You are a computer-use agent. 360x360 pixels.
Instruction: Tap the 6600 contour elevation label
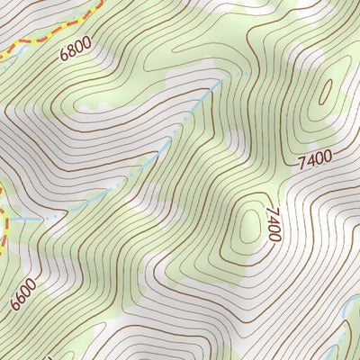click(24, 293)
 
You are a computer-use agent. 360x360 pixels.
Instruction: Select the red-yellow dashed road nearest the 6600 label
click(3, 225)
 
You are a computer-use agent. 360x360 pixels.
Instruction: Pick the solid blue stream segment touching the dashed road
click(22, 219)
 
